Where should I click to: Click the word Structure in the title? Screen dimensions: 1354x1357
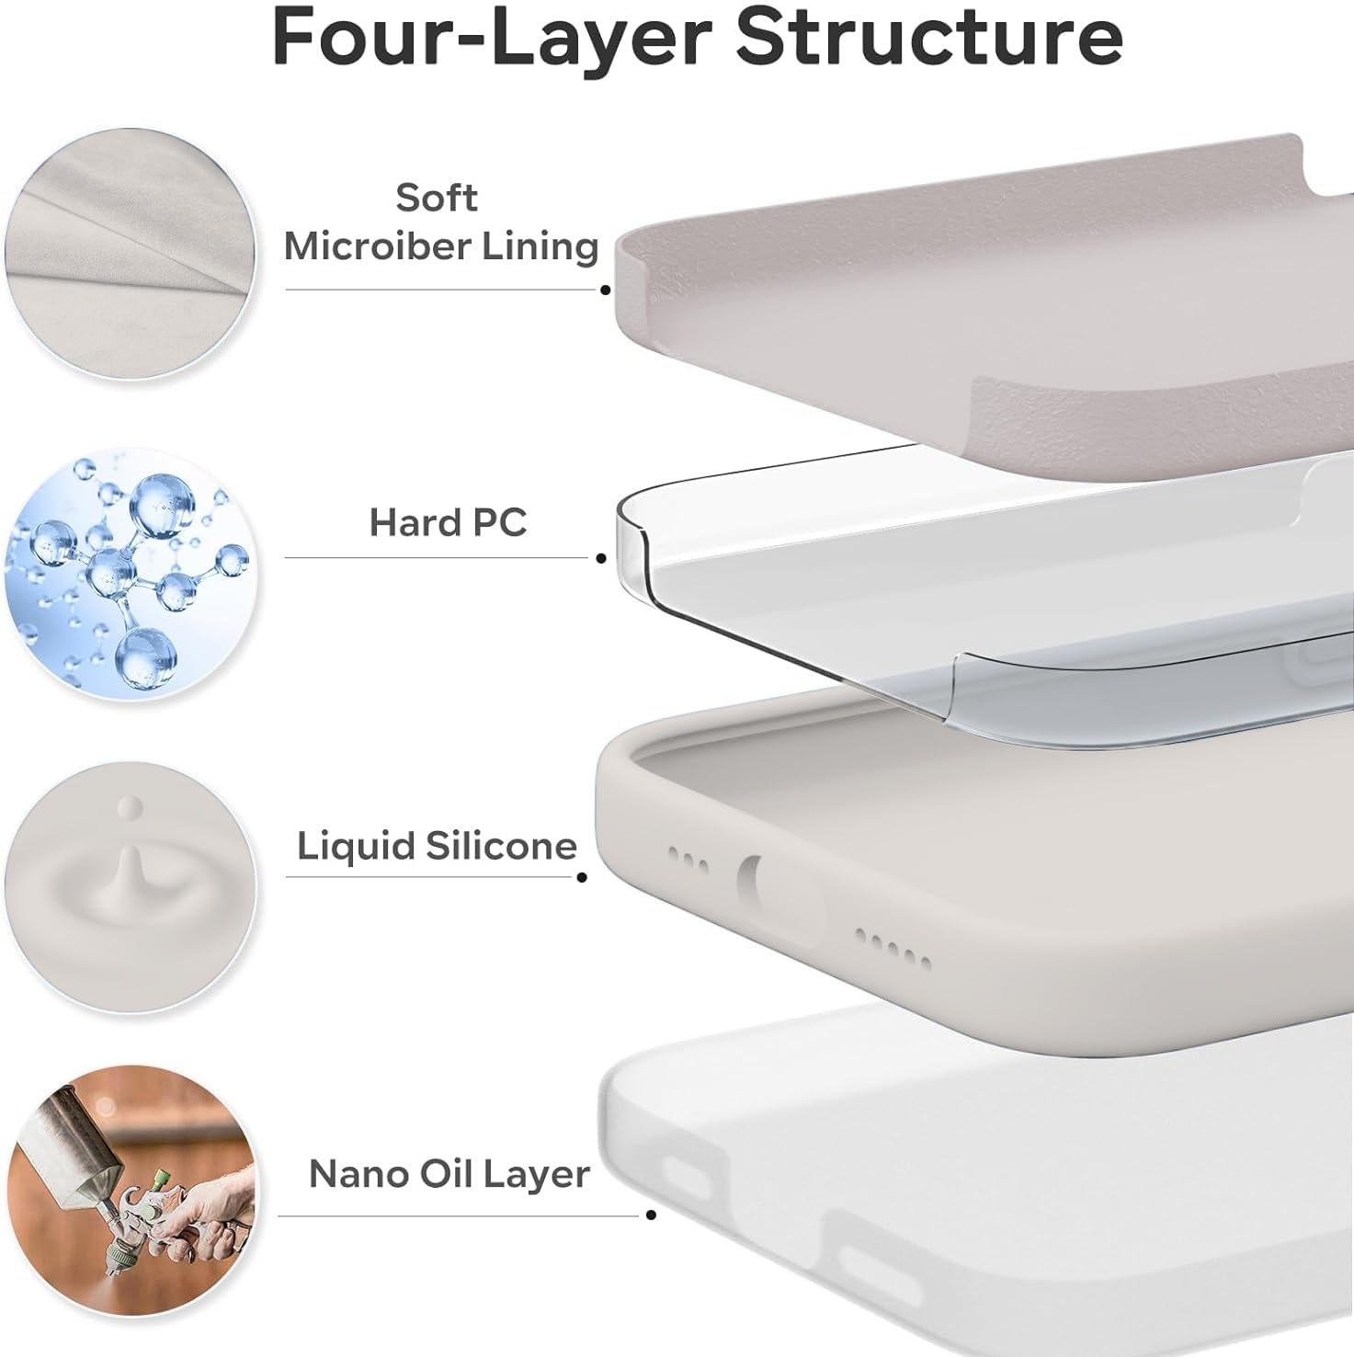tap(929, 36)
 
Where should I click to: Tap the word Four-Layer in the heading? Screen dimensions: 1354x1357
tap(491, 37)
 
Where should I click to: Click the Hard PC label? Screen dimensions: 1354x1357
tap(448, 522)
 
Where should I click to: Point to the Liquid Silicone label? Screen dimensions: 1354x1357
tap(437, 846)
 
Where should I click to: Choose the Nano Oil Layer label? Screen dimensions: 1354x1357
tap(449, 1174)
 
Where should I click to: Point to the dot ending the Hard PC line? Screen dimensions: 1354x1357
tap(601, 558)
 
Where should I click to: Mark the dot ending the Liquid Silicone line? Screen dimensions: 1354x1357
tap(582, 877)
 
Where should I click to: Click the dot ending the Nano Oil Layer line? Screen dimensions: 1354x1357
tap(651, 1215)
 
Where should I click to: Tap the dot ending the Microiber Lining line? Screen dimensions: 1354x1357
tap(605, 290)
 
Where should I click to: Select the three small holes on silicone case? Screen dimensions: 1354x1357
tap(688, 861)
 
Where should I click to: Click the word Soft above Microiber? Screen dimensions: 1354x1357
tap(437, 198)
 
